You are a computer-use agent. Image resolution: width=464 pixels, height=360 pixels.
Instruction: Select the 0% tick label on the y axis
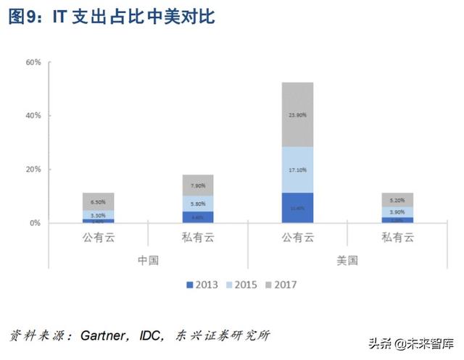[34, 223]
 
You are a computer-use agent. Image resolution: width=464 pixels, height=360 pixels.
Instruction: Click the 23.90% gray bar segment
[298, 114]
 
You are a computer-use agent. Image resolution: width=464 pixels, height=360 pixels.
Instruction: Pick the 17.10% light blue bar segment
[298, 169]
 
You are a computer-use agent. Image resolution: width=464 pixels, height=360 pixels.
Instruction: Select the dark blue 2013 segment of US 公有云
[298, 208]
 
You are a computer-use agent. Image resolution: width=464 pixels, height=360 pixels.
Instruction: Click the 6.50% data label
[99, 202]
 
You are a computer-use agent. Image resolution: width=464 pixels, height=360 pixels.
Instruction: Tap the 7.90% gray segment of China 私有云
[198, 185]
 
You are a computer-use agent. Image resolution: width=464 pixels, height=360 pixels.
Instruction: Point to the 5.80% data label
[198, 204]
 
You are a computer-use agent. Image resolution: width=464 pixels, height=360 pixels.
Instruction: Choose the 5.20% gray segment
[397, 200]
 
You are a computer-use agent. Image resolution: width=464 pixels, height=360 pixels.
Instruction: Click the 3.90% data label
[397, 212]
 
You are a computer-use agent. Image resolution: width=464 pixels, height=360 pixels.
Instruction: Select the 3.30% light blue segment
[99, 215]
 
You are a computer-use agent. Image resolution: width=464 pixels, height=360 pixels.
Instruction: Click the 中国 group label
[148, 259]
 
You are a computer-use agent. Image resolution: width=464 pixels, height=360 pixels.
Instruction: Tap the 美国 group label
[347, 259]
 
